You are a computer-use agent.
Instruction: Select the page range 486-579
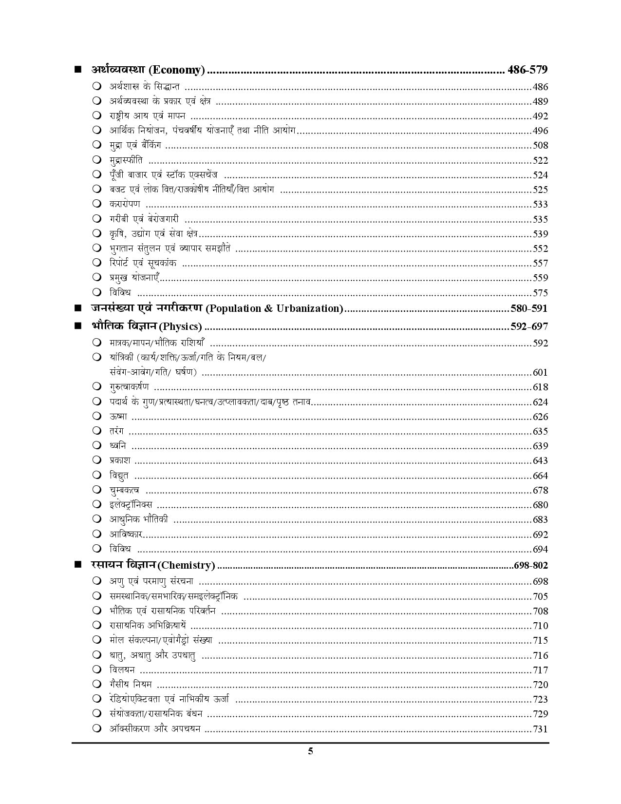point(527,70)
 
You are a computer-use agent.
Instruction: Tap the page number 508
point(540,145)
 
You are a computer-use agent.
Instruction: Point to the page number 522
point(540,160)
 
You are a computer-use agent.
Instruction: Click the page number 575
point(540,293)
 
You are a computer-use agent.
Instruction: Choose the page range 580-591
point(529,308)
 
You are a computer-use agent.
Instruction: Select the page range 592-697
point(529,326)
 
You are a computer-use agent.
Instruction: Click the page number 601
point(540,373)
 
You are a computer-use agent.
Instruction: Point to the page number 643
point(540,460)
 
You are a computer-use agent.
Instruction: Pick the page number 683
point(540,519)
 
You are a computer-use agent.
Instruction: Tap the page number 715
point(540,640)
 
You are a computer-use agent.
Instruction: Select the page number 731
point(540,729)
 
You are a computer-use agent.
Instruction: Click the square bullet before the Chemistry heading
point(77,565)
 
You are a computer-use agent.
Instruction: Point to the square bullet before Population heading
point(77,308)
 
